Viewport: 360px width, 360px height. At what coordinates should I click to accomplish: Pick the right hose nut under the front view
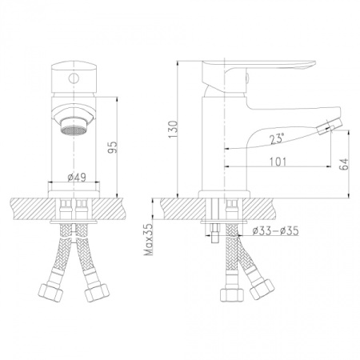click(94, 293)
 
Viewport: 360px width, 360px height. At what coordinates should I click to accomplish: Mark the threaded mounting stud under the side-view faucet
click(214, 228)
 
